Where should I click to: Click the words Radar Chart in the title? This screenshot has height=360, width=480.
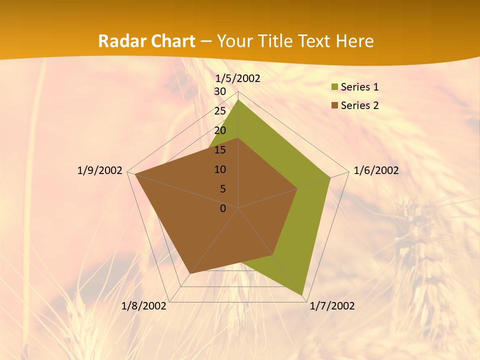[146, 41]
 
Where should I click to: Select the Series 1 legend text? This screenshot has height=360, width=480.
[359, 87]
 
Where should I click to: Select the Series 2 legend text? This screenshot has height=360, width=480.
[359, 105]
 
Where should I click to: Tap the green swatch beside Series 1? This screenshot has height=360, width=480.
[334, 87]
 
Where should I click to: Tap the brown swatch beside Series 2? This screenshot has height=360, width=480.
[334, 105]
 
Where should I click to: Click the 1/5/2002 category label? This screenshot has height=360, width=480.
[237, 78]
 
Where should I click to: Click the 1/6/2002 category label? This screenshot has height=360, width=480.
[376, 170]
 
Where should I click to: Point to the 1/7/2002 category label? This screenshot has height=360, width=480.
[332, 306]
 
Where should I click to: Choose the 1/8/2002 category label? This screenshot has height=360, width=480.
[144, 306]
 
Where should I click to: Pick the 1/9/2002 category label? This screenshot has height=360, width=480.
[100, 170]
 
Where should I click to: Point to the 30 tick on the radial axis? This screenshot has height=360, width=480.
[220, 91]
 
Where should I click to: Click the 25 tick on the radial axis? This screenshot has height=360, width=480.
[220, 111]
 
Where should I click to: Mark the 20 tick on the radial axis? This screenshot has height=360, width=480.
[220, 130]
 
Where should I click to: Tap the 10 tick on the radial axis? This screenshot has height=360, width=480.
[220, 169]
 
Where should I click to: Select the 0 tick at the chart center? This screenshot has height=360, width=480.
[223, 208]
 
